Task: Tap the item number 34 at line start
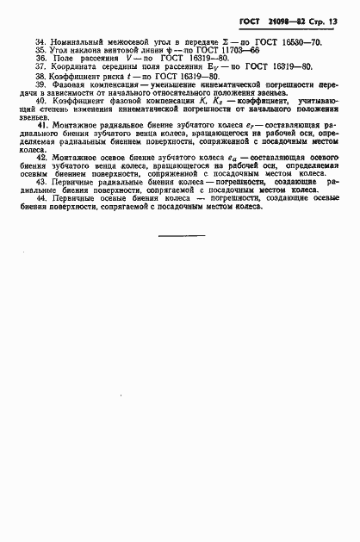pos(40,41)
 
